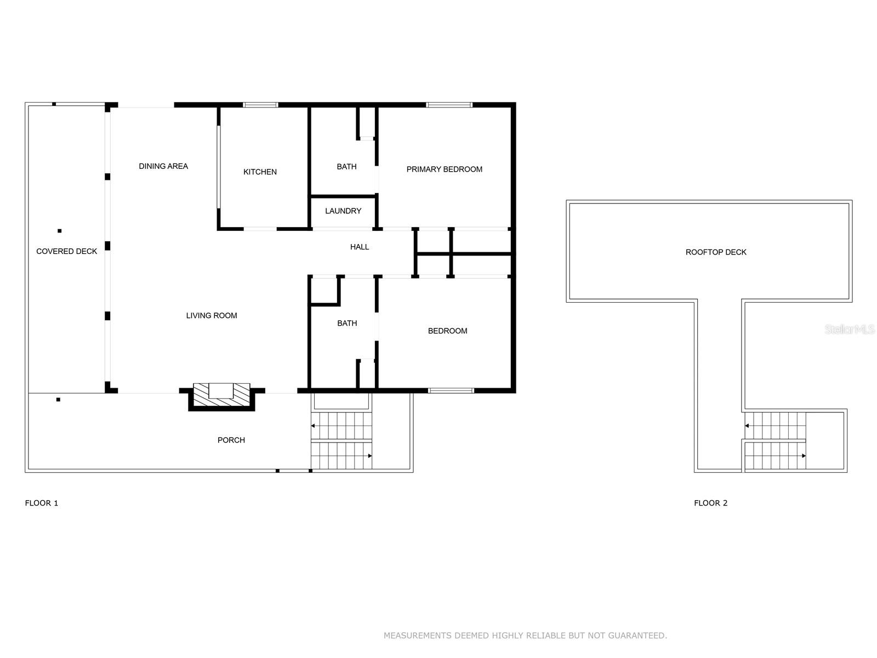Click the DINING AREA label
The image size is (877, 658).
pyautogui.click(x=163, y=166)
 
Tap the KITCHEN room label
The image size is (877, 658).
pyautogui.click(x=260, y=172)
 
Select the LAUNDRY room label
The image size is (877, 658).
pyautogui.click(x=343, y=211)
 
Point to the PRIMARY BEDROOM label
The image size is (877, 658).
pyautogui.click(x=444, y=169)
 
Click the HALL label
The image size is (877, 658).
pyautogui.click(x=360, y=247)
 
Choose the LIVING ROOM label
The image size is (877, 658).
pyautogui.click(x=212, y=316)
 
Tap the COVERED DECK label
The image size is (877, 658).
pyautogui.click(x=66, y=252)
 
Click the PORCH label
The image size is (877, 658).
pyautogui.click(x=231, y=440)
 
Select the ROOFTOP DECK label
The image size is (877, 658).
pyautogui.click(x=716, y=252)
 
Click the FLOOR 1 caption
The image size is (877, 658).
pyautogui.click(x=42, y=503)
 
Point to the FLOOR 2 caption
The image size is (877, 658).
pyautogui.click(x=710, y=503)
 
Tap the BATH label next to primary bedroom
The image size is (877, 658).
pyautogui.click(x=346, y=167)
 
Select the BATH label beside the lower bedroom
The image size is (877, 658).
pyautogui.click(x=347, y=324)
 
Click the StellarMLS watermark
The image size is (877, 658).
pyautogui.click(x=849, y=330)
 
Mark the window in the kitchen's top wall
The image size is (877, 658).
pyautogui.click(x=260, y=105)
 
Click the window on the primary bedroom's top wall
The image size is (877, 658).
pyautogui.click(x=449, y=105)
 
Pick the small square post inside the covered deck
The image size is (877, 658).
pyautogui.click(x=59, y=231)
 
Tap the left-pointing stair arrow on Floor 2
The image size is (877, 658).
pyautogui.click(x=747, y=426)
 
